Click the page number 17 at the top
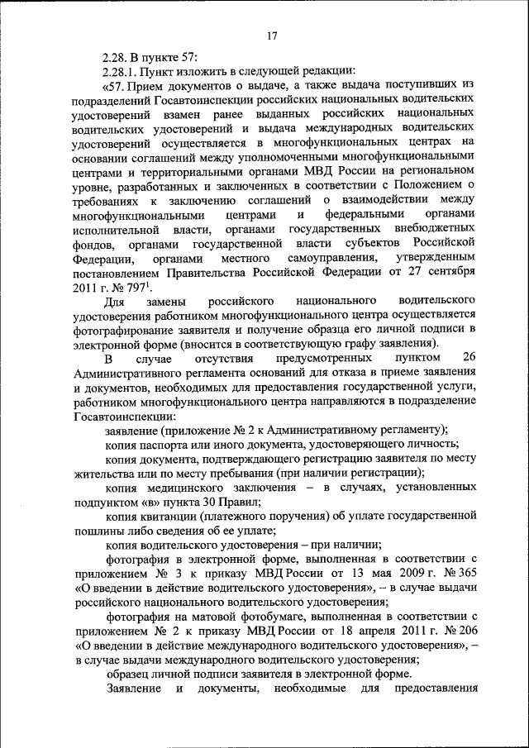pyautogui.click(x=272, y=36)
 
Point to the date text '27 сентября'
pyautogui.click(x=442, y=273)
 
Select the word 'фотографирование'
pyautogui.click(x=123, y=332)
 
